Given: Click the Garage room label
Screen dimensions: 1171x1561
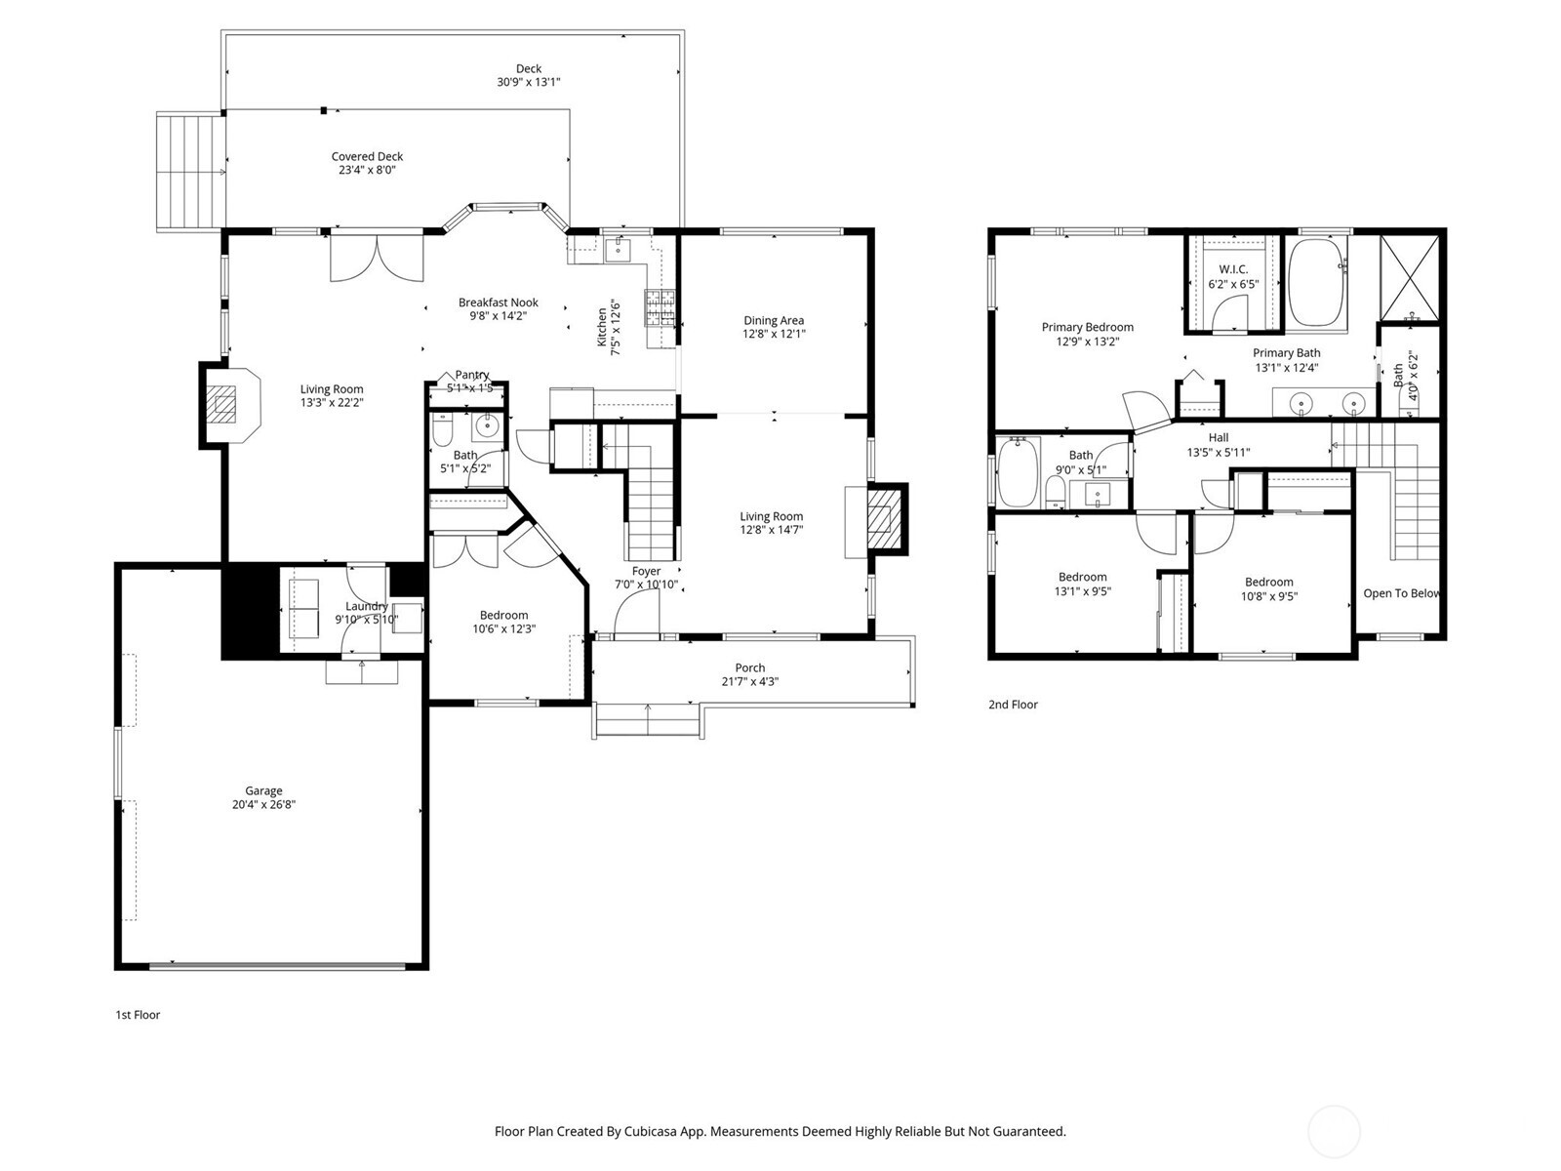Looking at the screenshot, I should click(x=263, y=791).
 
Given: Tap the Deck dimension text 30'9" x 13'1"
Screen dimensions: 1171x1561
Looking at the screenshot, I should click(x=528, y=83).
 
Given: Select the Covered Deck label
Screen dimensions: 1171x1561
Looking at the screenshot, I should click(x=367, y=156).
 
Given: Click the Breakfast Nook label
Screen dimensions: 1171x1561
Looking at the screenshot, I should click(x=499, y=303).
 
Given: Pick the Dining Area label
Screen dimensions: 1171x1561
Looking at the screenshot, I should click(x=774, y=320).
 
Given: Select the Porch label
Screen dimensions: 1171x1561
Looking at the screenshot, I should click(x=749, y=668).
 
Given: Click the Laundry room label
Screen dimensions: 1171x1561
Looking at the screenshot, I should click(x=367, y=606).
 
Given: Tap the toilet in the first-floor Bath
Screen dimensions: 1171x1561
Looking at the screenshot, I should click(x=442, y=430).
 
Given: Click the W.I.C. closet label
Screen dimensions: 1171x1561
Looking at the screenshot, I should click(x=1233, y=269).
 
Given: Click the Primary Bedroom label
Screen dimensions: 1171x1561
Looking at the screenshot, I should click(x=1087, y=328).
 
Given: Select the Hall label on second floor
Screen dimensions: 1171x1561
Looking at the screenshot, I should click(x=1219, y=438).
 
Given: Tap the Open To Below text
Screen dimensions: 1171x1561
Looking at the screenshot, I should click(x=1401, y=593).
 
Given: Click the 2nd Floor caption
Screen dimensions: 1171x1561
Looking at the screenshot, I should click(x=1013, y=705).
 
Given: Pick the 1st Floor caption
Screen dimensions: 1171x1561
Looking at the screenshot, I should click(x=138, y=1015).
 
